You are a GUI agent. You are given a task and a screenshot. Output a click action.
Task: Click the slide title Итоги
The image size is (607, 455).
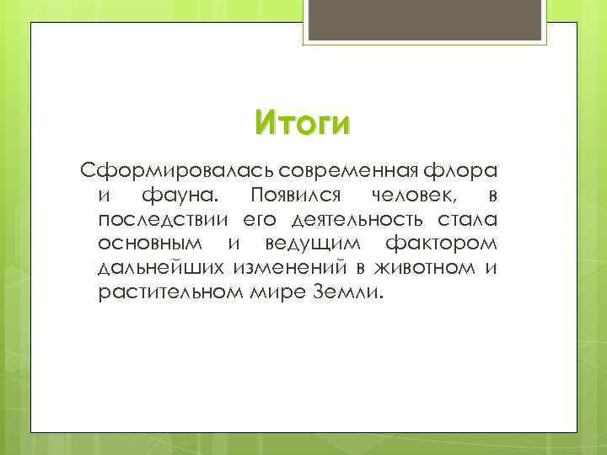tap(301, 123)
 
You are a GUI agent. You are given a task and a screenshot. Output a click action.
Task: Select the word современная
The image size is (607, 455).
tap(352, 172)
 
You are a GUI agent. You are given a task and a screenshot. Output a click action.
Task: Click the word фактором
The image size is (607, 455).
tap(441, 246)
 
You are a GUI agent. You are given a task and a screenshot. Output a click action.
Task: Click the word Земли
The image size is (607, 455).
tap(352, 295)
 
